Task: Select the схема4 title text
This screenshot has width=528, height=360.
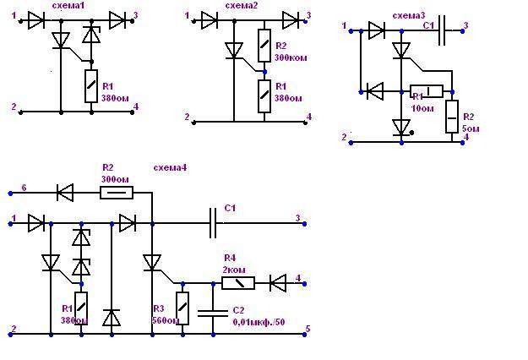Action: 170,167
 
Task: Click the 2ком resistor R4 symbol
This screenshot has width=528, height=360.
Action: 237,283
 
